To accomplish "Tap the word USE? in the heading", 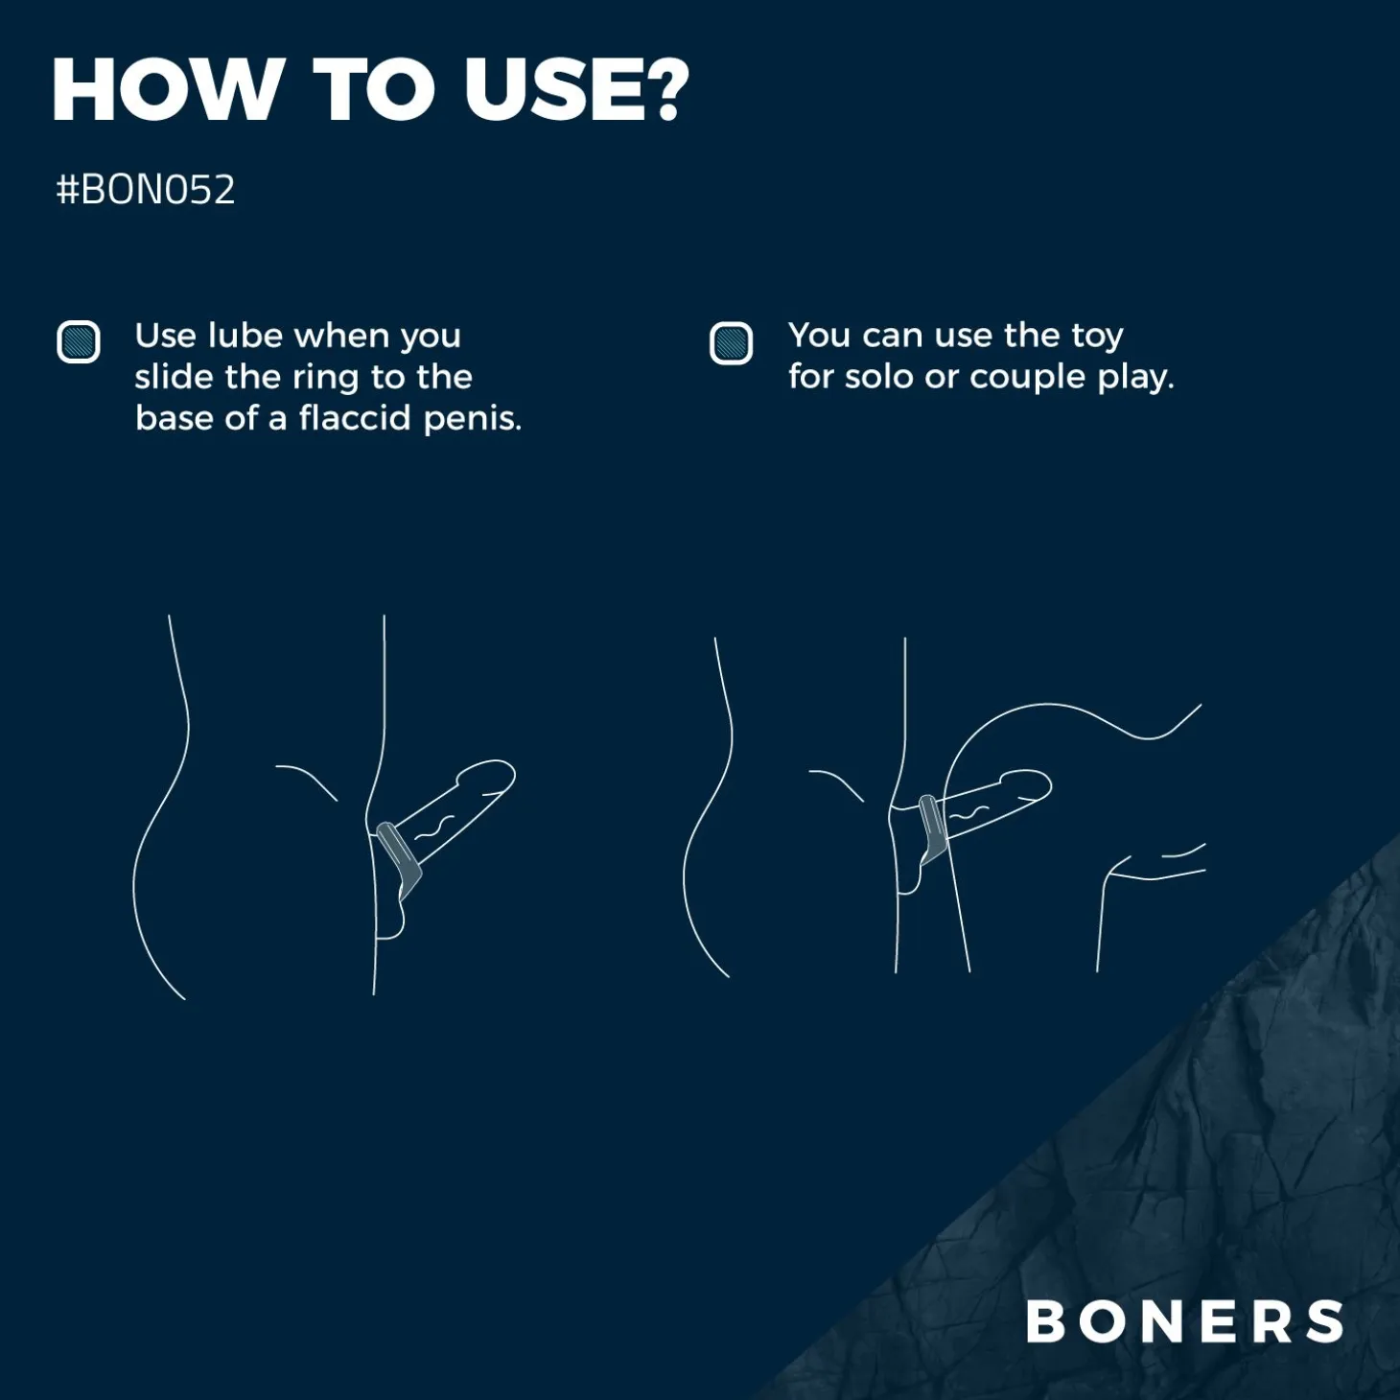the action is (x=576, y=90).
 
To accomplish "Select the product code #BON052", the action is (x=146, y=190).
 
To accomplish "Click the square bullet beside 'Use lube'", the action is (x=79, y=341).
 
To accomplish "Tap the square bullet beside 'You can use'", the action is (x=731, y=343).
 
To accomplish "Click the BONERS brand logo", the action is (x=1185, y=1321).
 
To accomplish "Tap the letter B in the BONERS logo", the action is (x=1046, y=1321).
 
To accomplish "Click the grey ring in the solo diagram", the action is (x=401, y=858).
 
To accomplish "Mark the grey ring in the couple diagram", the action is (x=931, y=828).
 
